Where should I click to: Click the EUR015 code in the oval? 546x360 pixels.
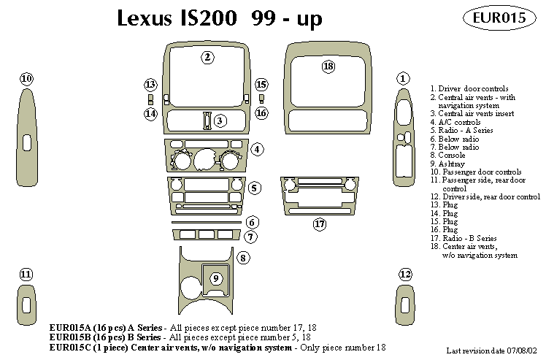(x=499, y=18)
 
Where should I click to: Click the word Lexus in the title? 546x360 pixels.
(x=146, y=18)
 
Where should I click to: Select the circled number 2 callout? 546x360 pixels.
(x=208, y=57)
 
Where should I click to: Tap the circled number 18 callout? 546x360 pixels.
(x=328, y=67)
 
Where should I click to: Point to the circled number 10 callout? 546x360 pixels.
(x=26, y=78)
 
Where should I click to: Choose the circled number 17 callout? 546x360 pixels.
(x=319, y=224)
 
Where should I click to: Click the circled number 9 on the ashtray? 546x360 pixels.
(x=215, y=277)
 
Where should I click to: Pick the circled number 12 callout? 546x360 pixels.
(x=406, y=274)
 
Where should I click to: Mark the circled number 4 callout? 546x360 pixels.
(x=257, y=150)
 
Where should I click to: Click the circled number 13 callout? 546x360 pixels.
(x=150, y=85)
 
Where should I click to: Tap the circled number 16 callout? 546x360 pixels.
(x=261, y=113)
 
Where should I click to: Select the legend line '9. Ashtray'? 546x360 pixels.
(x=446, y=164)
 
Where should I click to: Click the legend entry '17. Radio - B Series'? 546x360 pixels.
(x=466, y=238)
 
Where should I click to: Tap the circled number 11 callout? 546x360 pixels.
(x=26, y=274)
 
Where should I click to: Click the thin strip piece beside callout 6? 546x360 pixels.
(x=206, y=222)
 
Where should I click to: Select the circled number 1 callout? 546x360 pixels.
(x=402, y=78)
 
